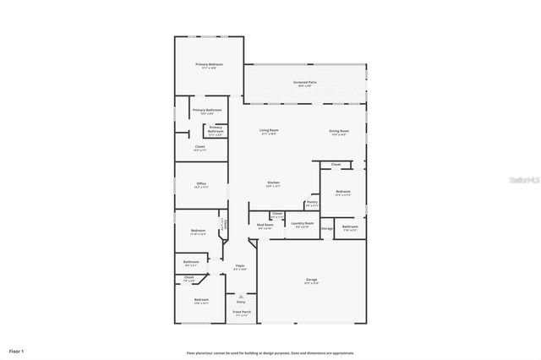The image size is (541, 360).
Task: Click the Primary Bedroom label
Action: pos(210,64)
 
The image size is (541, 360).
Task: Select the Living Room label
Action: pos(270,130)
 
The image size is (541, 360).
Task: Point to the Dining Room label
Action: pos(339,130)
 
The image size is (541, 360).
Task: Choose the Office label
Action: pos(201,183)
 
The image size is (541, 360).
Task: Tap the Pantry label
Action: pos(312,202)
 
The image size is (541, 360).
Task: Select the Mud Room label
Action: pos(265,225)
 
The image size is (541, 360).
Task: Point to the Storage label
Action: pos(326,228)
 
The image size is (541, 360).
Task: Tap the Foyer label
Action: pos(240,266)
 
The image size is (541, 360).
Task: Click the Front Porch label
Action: pos(241,312)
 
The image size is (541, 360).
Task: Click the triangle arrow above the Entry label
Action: pos(241,296)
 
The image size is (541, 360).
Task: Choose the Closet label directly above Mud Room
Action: pos(276,214)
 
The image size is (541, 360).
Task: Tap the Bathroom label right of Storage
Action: pos(350,226)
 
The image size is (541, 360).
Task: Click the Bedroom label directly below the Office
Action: pos(198,231)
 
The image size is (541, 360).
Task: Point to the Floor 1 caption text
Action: pos(17,350)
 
